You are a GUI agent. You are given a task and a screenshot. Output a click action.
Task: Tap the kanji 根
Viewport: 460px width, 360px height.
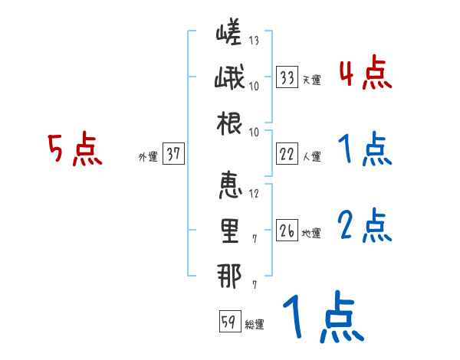click(x=230, y=124)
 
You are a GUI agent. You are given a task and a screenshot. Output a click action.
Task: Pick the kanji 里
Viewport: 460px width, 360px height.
click(x=230, y=231)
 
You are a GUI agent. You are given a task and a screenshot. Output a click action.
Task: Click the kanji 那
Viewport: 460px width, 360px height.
click(x=230, y=277)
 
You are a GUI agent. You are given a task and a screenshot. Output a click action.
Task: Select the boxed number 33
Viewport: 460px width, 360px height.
click(x=287, y=77)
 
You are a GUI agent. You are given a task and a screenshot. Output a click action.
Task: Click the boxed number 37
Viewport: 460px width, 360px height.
click(x=173, y=154)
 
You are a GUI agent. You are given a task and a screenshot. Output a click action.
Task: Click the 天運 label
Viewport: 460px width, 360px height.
click(x=311, y=80)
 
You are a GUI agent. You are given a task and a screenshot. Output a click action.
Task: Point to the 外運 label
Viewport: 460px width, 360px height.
click(x=147, y=156)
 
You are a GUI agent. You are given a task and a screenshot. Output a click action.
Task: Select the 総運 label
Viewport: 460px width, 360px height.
click(x=255, y=324)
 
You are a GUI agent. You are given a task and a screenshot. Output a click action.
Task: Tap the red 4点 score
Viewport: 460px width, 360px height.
click(x=365, y=74)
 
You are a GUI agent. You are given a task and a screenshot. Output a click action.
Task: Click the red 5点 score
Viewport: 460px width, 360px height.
click(x=75, y=149)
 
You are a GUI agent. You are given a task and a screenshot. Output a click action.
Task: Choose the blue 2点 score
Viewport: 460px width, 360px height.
click(x=365, y=226)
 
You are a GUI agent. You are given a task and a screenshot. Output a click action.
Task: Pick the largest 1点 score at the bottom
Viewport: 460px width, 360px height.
click(x=322, y=319)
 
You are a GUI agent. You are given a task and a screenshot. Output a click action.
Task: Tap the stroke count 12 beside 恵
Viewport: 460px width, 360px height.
click(x=254, y=193)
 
